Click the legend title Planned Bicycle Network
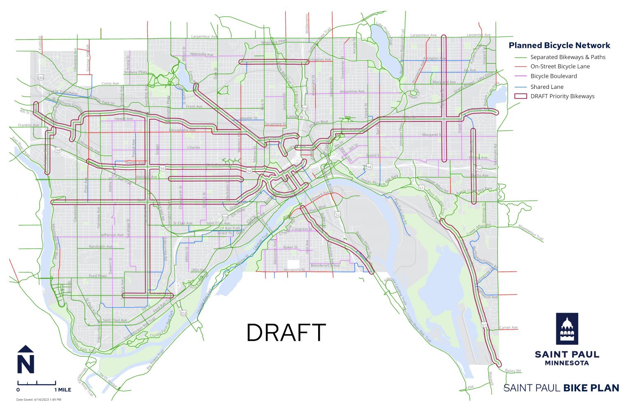click(x=559, y=46)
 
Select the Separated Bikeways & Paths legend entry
click(x=567, y=57)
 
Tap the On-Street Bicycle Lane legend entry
click(x=560, y=66)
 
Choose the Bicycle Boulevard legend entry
click(x=553, y=76)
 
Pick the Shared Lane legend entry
click(x=546, y=87)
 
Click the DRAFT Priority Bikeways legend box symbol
click(x=521, y=96)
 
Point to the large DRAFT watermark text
click(x=286, y=333)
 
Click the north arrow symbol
click(x=26, y=360)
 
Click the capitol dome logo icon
click(x=567, y=328)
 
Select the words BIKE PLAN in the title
click(x=591, y=388)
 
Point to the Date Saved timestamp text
click(x=39, y=400)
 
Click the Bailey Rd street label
click(x=513, y=371)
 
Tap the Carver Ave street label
click(x=509, y=328)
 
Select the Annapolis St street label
click(x=294, y=270)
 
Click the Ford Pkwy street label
click(x=98, y=276)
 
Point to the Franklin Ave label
click(x=28, y=125)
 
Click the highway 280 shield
click(x=40, y=77)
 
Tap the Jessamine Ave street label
click(x=352, y=91)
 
